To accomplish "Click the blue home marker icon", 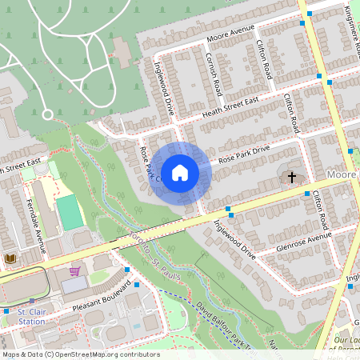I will tap(180, 171).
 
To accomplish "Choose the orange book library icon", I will tap(10, 258).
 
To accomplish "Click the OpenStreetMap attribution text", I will tap(80, 354).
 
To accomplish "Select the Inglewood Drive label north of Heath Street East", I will tap(164, 93).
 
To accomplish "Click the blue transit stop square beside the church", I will tap(306, 194).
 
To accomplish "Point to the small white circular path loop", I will tap(46, 115).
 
